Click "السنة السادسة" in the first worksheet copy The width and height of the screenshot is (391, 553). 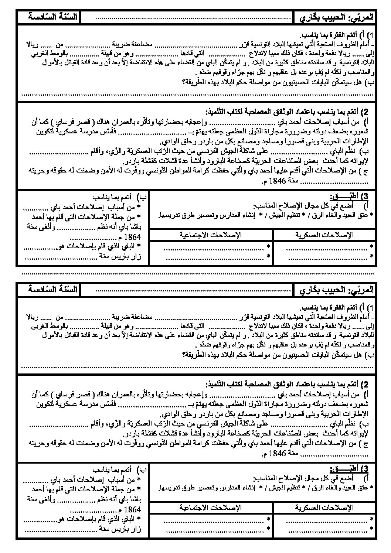pos(52,17)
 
